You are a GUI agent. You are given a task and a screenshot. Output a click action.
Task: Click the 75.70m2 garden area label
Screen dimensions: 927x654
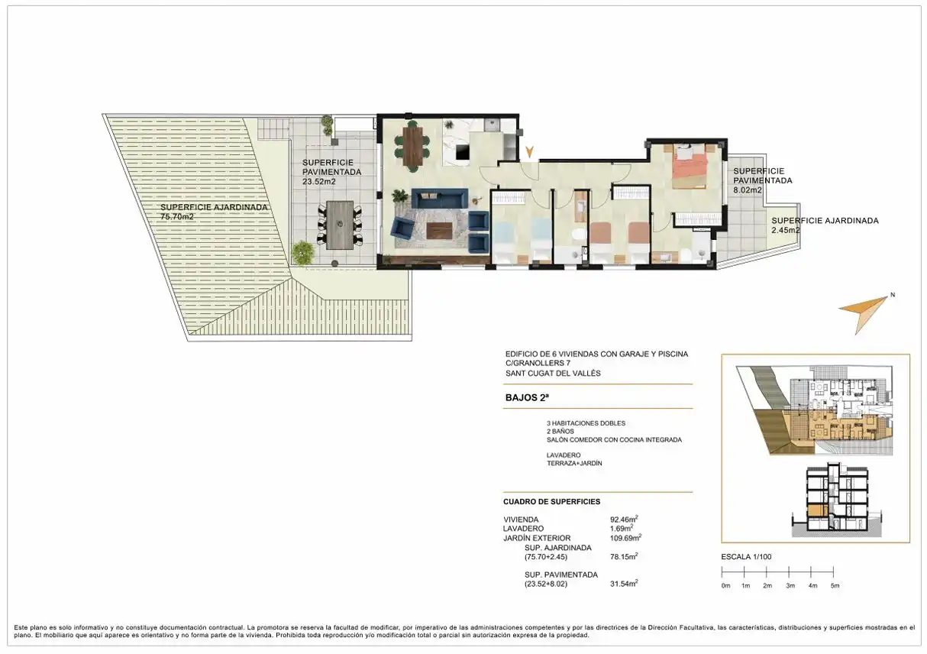pyautogui.click(x=177, y=217)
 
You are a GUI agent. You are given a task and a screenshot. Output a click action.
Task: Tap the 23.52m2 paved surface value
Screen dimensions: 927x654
pyautogui.click(x=318, y=181)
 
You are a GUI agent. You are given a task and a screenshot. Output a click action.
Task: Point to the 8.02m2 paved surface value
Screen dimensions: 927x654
pyautogui.click(x=748, y=190)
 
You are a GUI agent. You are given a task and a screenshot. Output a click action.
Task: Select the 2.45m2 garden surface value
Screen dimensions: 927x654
pyautogui.click(x=786, y=230)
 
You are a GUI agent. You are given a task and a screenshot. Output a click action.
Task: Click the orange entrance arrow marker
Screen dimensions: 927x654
pyautogui.click(x=529, y=151)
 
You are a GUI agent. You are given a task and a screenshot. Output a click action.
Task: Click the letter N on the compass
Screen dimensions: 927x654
pyautogui.click(x=893, y=295)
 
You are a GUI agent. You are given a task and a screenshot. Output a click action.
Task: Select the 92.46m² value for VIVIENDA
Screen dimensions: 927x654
pyautogui.click(x=624, y=519)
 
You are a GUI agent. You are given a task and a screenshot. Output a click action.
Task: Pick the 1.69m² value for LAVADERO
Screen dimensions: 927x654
pyautogui.click(x=622, y=528)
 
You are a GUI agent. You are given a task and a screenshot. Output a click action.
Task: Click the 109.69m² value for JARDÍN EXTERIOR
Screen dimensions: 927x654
pyautogui.click(x=625, y=538)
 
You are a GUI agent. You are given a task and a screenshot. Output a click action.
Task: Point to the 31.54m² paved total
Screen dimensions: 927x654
pyautogui.click(x=624, y=584)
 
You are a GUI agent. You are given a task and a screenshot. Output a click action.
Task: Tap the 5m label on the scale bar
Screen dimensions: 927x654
pyautogui.click(x=835, y=586)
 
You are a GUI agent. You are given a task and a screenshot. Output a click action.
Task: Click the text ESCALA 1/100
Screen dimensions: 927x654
pyautogui.click(x=746, y=557)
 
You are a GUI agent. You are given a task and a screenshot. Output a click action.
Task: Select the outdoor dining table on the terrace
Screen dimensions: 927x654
pyautogui.click(x=340, y=225)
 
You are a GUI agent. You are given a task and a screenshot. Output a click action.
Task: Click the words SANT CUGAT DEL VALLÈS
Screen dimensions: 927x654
pyautogui.click(x=553, y=373)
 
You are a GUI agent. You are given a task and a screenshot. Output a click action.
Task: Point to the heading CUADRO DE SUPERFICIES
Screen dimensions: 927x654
pyautogui.click(x=551, y=502)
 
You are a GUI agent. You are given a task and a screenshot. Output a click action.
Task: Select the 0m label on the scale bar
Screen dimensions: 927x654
pyautogui.click(x=725, y=586)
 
